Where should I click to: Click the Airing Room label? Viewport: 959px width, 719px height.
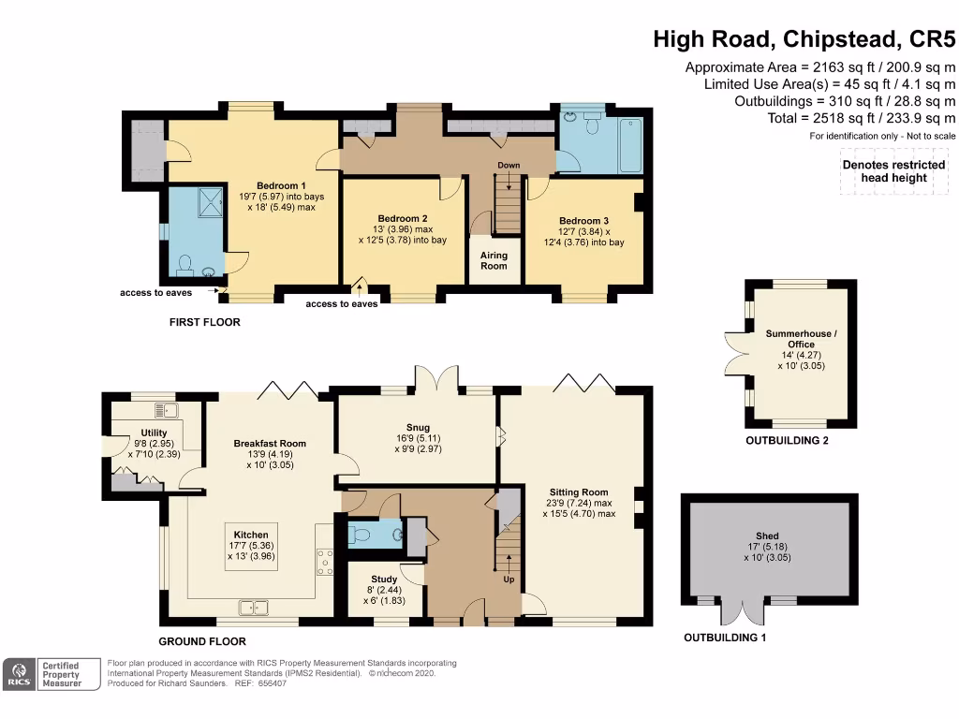click(x=494, y=260)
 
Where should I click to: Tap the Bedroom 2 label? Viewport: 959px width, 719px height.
click(x=403, y=218)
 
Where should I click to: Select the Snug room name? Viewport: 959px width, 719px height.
click(x=418, y=427)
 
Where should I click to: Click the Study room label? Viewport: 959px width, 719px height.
click(x=384, y=579)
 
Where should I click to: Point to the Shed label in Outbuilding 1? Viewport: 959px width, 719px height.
click(x=767, y=536)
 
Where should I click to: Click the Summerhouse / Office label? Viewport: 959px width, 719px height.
click(x=802, y=339)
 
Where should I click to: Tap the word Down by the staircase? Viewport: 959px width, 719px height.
click(x=509, y=165)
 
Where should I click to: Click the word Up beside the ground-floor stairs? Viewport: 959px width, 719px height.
click(x=509, y=579)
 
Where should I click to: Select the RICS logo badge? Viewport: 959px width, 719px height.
click(x=20, y=674)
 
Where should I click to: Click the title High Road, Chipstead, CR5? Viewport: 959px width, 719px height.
click(x=804, y=39)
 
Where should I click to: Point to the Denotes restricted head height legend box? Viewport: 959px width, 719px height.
click(x=893, y=171)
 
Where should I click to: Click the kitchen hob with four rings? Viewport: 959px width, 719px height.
click(x=325, y=562)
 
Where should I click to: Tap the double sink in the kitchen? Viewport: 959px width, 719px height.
click(x=254, y=608)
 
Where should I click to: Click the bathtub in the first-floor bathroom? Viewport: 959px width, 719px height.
click(x=630, y=145)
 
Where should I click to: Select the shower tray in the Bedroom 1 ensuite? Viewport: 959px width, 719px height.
click(x=212, y=202)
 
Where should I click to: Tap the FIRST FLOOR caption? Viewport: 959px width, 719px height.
click(x=205, y=322)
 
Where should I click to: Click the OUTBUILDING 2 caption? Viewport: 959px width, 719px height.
click(x=787, y=440)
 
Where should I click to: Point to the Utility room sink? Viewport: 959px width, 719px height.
click(x=167, y=410)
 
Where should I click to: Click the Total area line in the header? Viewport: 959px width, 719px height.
click(x=862, y=118)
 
